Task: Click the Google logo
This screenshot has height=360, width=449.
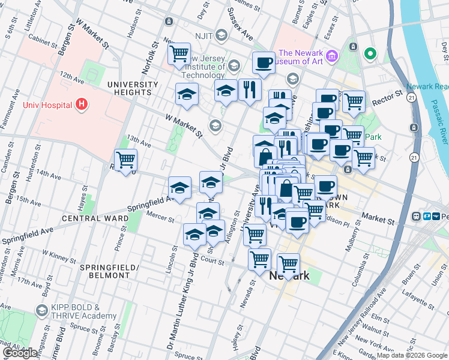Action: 20,353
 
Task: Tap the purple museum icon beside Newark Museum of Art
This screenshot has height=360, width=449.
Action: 333,56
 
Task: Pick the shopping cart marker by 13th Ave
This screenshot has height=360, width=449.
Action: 125,160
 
